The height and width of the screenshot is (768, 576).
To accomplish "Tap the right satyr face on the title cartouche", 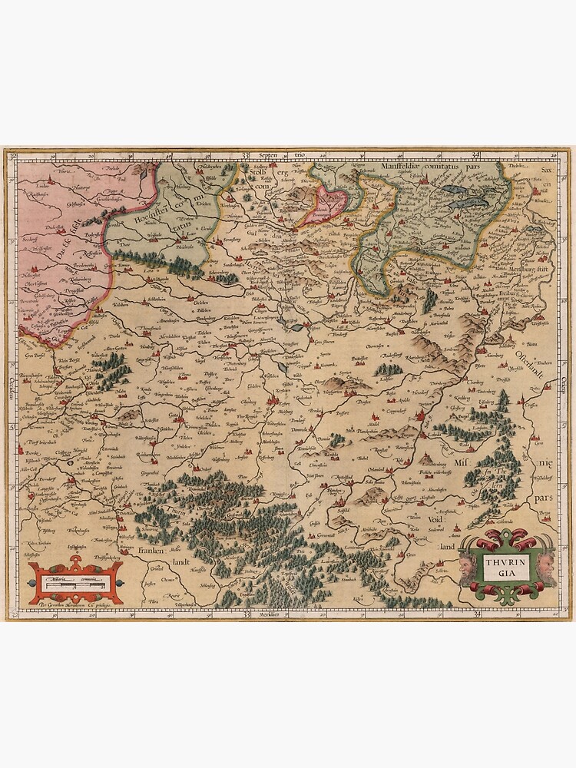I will click(x=546, y=568).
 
